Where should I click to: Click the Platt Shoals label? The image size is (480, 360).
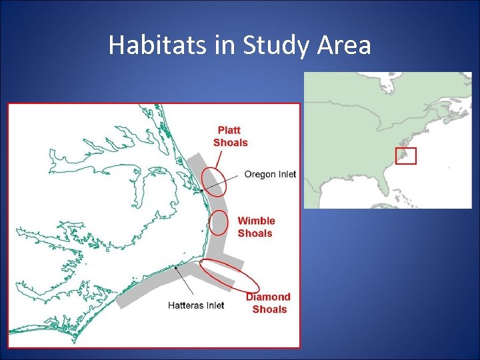230,136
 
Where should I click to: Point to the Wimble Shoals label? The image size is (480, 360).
256,227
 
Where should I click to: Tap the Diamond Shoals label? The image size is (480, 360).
269,303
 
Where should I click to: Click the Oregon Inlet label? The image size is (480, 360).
270,175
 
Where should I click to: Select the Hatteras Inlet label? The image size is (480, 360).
196,305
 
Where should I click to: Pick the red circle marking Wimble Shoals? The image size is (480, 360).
218,223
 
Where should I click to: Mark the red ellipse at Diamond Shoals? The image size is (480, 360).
229,275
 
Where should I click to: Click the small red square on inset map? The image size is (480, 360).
405,156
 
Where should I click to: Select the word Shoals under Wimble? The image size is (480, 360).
255,233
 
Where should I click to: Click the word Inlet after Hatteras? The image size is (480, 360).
213,305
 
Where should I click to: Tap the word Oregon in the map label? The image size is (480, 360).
259,175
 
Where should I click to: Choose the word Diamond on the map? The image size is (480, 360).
269,297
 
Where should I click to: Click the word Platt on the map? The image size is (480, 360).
229,130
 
